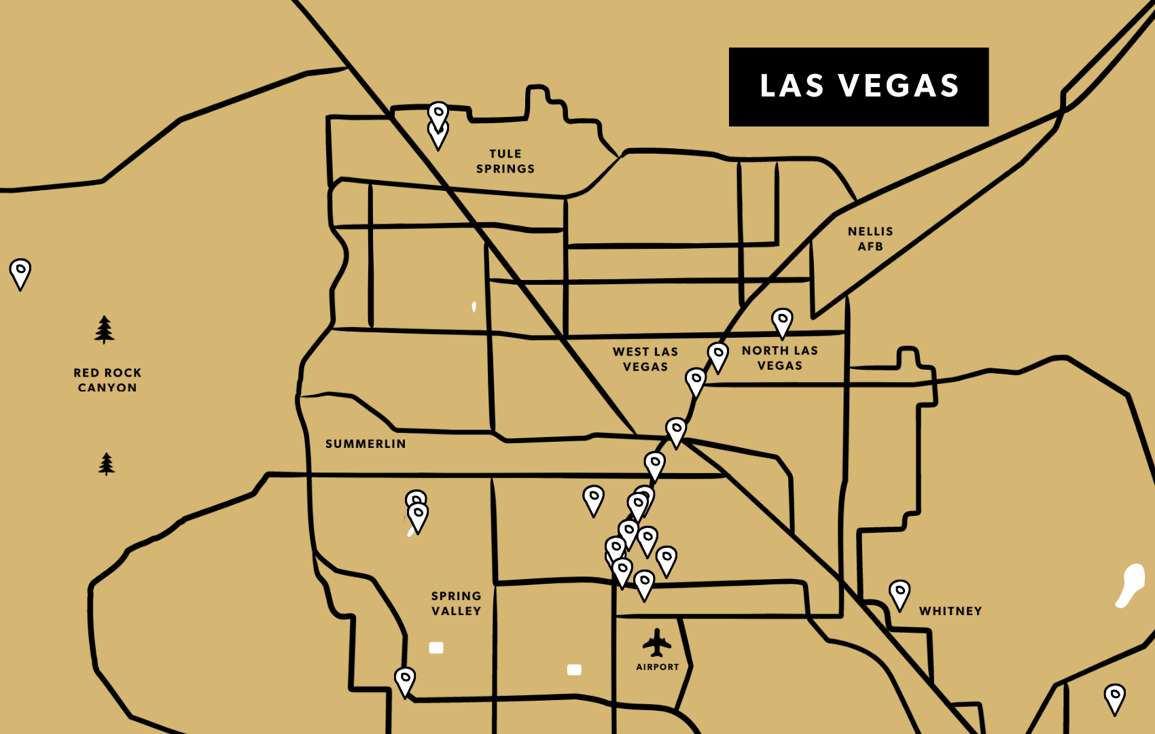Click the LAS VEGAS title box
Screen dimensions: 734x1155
(x=858, y=86)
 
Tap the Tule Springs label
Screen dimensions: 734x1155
(x=505, y=161)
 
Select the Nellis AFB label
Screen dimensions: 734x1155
(x=870, y=239)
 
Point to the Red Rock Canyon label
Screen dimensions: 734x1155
(x=107, y=380)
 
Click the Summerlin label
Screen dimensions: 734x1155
(x=366, y=444)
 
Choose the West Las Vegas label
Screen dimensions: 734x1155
(x=645, y=359)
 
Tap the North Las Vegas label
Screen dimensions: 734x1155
(x=780, y=357)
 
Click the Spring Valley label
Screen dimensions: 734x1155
(x=456, y=603)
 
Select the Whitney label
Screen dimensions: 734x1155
(x=950, y=611)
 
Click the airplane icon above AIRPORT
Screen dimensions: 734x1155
(x=656, y=643)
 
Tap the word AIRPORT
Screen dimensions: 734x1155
(x=657, y=667)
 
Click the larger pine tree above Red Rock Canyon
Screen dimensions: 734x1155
(x=104, y=330)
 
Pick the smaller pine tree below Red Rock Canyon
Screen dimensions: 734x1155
(x=106, y=464)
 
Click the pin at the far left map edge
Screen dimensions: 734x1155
(x=20, y=273)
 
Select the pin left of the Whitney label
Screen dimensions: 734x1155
(x=900, y=594)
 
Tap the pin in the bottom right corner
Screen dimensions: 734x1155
(x=1114, y=697)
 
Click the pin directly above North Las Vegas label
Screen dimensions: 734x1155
(x=782, y=322)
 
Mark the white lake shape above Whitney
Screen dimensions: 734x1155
(x=1131, y=584)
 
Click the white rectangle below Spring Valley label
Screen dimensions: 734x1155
(x=436, y=648)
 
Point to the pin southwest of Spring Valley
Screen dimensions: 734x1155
(x=405, y=680)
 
